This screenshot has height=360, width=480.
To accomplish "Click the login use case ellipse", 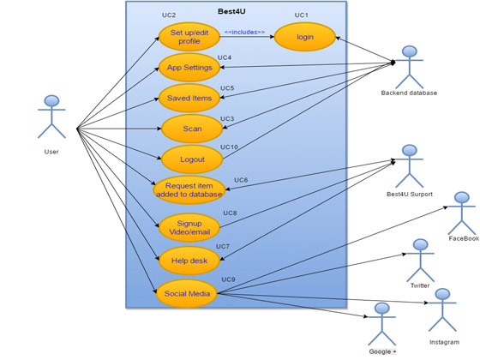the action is [305, 37].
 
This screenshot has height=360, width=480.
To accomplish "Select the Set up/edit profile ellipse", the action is [189, 37].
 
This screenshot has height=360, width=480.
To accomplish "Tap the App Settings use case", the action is [189, 68].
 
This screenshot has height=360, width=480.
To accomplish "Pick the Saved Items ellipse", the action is [189, 98].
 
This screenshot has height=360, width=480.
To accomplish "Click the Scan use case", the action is [192, 129].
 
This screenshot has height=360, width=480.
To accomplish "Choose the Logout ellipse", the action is [192, 159].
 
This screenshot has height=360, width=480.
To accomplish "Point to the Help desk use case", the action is [189, 261].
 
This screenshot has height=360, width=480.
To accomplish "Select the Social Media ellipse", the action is [187, 293].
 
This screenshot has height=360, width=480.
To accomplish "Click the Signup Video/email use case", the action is [189, 227].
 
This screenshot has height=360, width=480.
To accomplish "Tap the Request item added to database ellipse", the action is [189, 189].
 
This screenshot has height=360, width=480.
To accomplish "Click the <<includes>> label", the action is [244, 33].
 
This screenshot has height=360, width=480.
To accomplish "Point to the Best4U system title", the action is [231, 11].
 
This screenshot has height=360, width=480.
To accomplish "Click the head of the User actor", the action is [51, 101].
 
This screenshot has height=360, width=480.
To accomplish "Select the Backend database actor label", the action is [409, 93].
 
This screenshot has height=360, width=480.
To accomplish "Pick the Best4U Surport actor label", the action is [410, 194].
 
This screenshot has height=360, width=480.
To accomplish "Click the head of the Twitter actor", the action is [420, 245].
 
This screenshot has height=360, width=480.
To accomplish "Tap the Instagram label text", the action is [444, 342].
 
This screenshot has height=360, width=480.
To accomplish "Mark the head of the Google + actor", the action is [382, 309].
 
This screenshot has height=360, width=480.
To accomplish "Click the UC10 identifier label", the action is [230, 147].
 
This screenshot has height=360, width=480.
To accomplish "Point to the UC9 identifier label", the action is [228, 279].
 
